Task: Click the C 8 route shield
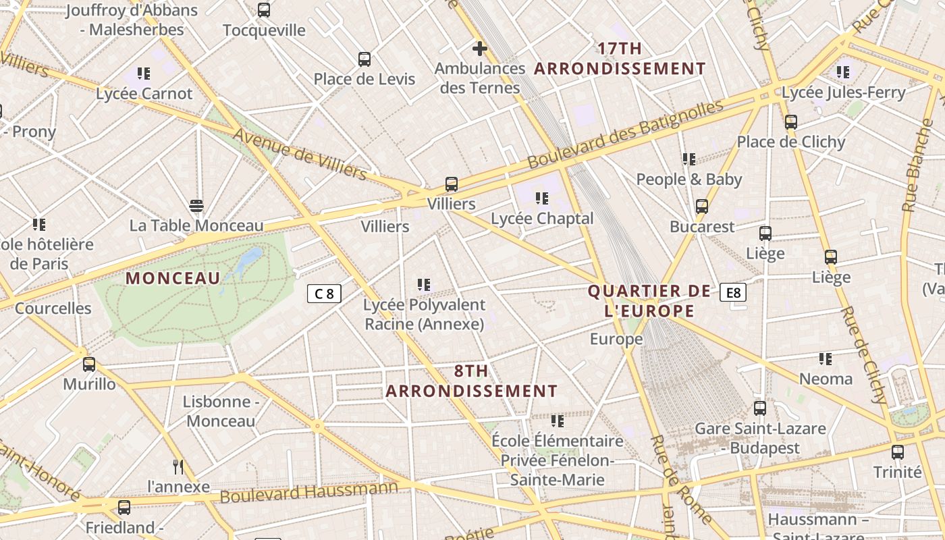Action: (324, 294)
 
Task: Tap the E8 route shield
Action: (732, 292)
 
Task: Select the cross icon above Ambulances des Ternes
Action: (479, 49)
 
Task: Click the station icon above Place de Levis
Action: (364, 59)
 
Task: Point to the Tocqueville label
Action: (264, 30)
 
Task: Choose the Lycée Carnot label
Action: (144, 94)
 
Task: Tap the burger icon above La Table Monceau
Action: (196, 206)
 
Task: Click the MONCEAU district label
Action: (173, 278)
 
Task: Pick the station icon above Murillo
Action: (89, 364)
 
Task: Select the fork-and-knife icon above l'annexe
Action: (178, 466)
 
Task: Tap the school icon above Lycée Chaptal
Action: (541, 198)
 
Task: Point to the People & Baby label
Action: (689, 180)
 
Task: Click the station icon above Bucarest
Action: (702, 207)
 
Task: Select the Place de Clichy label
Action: (791, 142)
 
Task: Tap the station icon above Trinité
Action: (898, 452)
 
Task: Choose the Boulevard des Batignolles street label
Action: (625, 134)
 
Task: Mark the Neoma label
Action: (826, 379)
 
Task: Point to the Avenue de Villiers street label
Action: (300, 155)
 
